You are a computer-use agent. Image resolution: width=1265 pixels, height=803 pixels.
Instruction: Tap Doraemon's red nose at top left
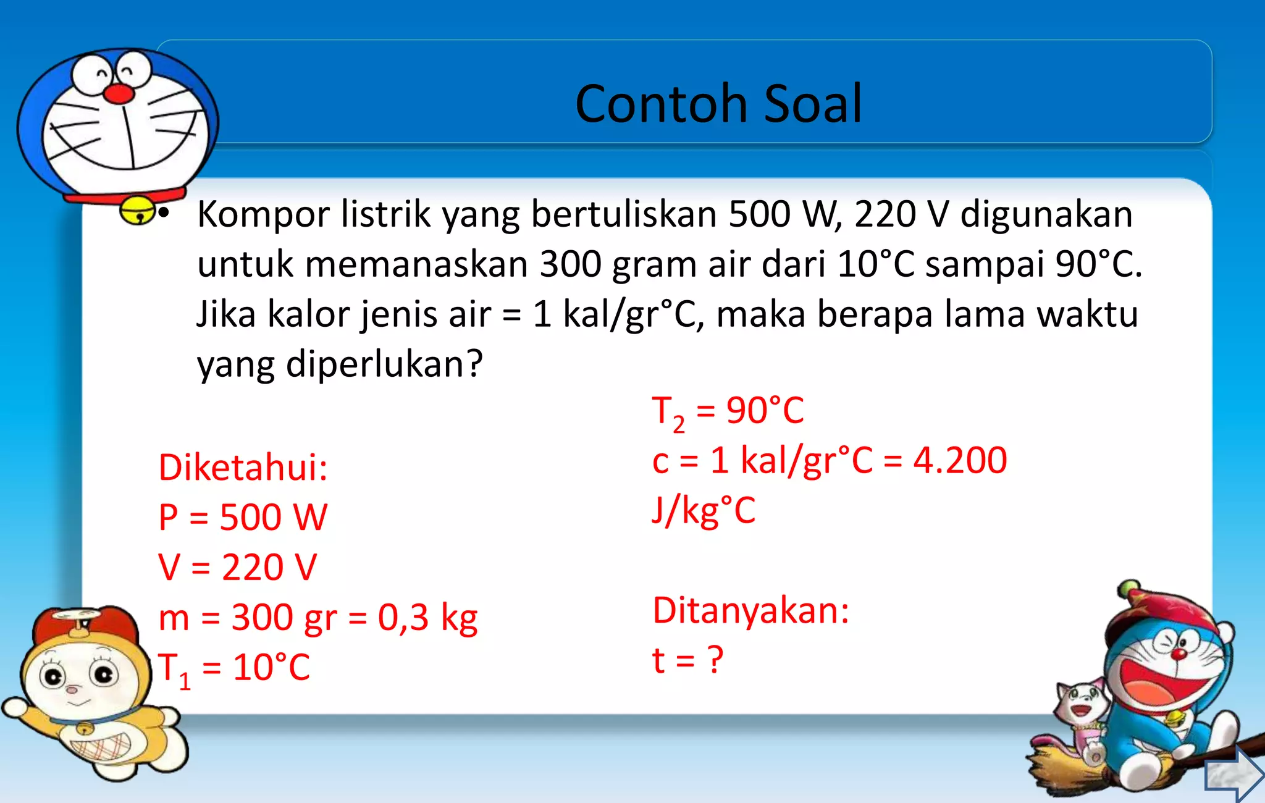[118, 94]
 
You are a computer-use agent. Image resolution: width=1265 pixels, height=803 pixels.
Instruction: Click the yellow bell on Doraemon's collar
[137, 211]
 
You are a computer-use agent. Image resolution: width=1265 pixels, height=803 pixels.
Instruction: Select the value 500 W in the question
[784, 214]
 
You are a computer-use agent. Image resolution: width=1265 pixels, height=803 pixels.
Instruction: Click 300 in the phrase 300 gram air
[569, 264]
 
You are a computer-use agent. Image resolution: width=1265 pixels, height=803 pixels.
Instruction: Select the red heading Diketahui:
[243, 468]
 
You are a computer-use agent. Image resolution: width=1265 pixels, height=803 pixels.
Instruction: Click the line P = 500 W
[243, 518]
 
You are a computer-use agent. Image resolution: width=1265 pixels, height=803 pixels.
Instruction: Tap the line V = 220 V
[237, 568]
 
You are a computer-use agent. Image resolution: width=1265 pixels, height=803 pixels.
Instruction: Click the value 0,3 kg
[427, 618]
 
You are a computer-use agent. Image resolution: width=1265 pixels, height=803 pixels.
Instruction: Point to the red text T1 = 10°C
[234, 668]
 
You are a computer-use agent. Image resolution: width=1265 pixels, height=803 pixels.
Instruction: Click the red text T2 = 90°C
[728, 411]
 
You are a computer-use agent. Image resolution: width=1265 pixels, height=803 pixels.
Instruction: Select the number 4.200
[960, 461]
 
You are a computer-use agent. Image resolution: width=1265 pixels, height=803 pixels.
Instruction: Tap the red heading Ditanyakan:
[750, 611]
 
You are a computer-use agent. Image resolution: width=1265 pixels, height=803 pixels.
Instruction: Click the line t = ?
[687, 660]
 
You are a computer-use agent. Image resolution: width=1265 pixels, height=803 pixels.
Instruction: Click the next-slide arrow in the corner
[1233, 774]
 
